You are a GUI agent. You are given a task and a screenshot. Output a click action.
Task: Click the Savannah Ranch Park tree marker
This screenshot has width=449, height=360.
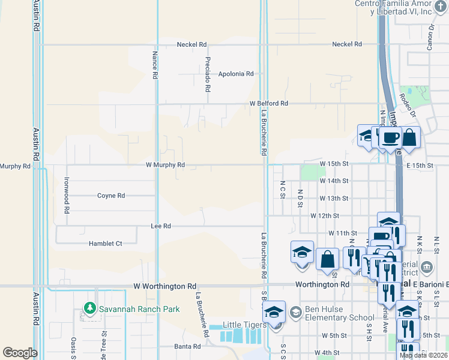point(90,308)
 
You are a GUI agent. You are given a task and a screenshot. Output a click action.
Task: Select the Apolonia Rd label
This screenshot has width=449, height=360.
point(236,74)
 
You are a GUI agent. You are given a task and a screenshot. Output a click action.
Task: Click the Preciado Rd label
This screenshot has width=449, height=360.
point(208,74)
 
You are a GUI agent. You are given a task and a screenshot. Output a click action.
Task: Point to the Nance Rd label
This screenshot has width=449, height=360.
point(154,65)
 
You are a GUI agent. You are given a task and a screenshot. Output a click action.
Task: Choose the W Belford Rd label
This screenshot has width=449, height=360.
point(269,103)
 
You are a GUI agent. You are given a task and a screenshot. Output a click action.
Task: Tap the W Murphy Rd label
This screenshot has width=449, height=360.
point(164,164)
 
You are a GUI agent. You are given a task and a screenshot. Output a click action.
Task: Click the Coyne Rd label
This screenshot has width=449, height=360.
point(111,196)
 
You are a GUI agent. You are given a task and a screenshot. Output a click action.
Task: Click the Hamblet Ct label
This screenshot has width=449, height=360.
point(105,244)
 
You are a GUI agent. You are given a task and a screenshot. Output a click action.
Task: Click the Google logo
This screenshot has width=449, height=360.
point(20,353)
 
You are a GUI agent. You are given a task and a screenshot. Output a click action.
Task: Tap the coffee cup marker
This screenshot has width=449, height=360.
point(390,137)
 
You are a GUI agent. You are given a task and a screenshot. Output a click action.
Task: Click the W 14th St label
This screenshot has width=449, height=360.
point(334,181)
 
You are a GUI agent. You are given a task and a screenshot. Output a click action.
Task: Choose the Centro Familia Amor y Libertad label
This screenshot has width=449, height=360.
point(402,8)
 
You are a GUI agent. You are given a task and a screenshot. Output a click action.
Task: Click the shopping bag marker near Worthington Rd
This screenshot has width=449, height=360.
point(327,259)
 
